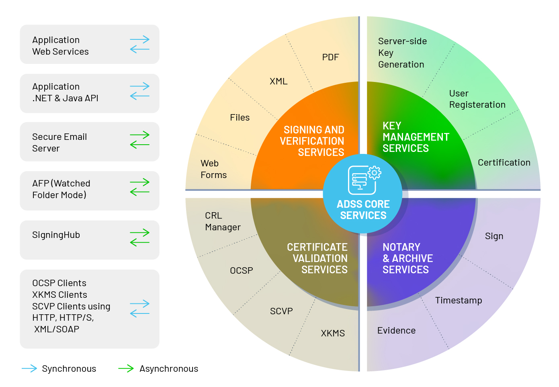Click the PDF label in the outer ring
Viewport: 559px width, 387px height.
tap(330, 57)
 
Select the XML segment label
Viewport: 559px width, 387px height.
tap(278, 81)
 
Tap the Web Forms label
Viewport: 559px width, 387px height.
tap(213, 169)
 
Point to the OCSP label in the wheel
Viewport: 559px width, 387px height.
tap(241, 271)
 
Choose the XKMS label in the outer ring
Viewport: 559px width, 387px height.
tap(333, 333)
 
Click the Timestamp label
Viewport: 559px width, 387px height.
tap(458, 300)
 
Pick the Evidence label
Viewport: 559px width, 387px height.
tap(396, 330)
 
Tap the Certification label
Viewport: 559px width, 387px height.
tap(504, 162)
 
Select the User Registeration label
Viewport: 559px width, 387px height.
tap(477, 99)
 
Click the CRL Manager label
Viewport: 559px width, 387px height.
tap(223, 221)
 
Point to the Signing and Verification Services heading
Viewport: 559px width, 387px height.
tap(313, 141)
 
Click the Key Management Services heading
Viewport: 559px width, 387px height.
tap(416, 137)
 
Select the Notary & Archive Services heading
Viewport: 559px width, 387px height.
tap(407, 258)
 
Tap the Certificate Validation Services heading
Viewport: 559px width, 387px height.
tap(317, 258)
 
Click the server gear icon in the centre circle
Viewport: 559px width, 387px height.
tap(364, 180)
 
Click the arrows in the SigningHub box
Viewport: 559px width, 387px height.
tap(139, 238)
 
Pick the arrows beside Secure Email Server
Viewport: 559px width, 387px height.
tap(139, 140)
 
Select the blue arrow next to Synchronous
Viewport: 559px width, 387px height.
tap(29, 369)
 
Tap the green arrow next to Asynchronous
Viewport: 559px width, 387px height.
tap(126, 369)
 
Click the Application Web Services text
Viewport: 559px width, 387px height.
tap(60, 46)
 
